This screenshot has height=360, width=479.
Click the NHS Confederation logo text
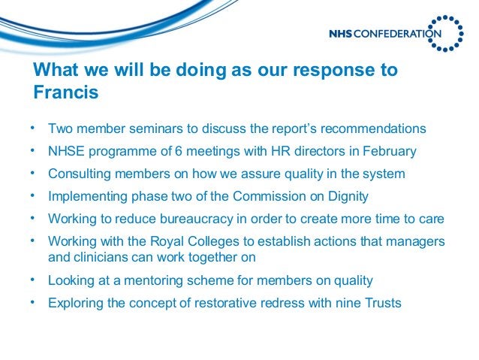384,33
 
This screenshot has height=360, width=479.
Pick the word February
387,151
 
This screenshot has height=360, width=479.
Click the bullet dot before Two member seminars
33,128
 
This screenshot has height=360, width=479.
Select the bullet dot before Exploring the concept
33,302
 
